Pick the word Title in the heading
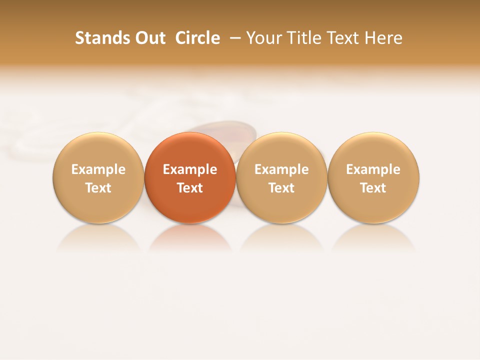click(300, 38)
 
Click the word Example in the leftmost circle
click(98, 169)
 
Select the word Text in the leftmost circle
click(98, 188)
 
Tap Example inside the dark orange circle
click(190, 169)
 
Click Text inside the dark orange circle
click(190, 188)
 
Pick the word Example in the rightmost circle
click(373, 169)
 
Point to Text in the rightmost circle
click(373, 188)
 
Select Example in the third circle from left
click(281, 169)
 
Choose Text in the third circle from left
click(281, 188)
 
